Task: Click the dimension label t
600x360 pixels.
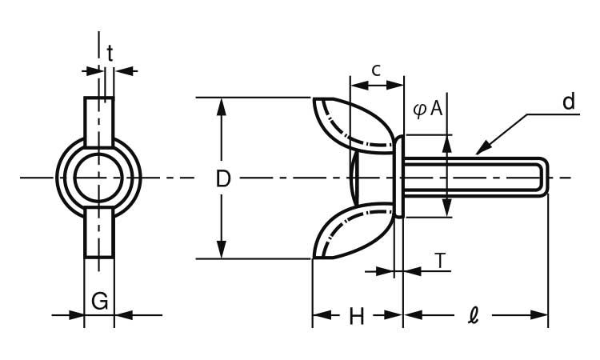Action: tap(110, 54)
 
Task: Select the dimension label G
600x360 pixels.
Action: tap(99, 301)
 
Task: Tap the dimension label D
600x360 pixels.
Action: tap(223, 178)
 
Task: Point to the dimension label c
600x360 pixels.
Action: tap(377, 70)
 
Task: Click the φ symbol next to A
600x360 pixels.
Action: tap(420, 110)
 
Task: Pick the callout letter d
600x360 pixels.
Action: tap(569, 102)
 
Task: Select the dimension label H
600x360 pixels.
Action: tap(357, 316)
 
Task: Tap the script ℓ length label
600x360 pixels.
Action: tap(474, 316)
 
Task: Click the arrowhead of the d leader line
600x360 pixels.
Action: tap(482, 149)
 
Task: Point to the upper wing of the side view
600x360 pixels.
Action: tap(354, 124)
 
